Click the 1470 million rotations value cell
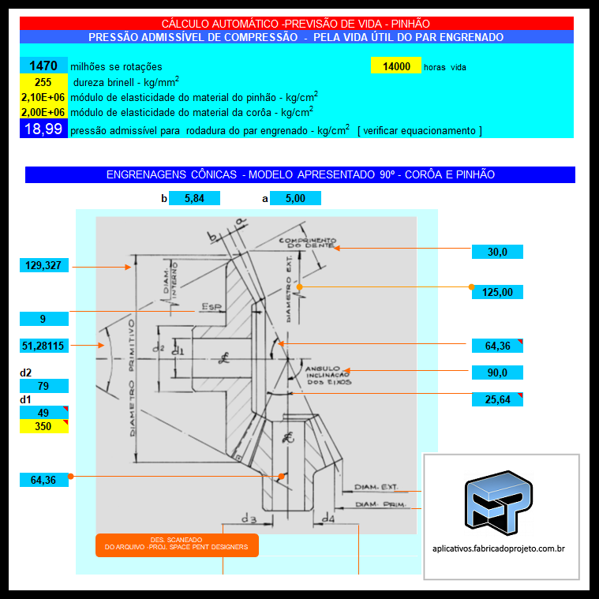tap(44, 66)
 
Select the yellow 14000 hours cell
tap(395, 66)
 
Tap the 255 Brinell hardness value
tap(44, 82)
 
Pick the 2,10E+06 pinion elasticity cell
tap(44, 97)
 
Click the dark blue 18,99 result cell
tap(44, 129)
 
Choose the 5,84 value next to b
tap(194, 198)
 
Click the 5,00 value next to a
tap(295, 198)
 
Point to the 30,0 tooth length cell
tap(497, 252)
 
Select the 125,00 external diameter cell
tap(497, 293)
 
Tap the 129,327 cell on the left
tap(44, 265)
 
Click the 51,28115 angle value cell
tap(44, 345)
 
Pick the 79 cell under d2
tap(44, 386)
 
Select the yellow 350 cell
tap(44, 427)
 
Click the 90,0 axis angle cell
tap(497, 373)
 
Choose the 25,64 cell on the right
tap(497, 399)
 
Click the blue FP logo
tap(500, 500)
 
